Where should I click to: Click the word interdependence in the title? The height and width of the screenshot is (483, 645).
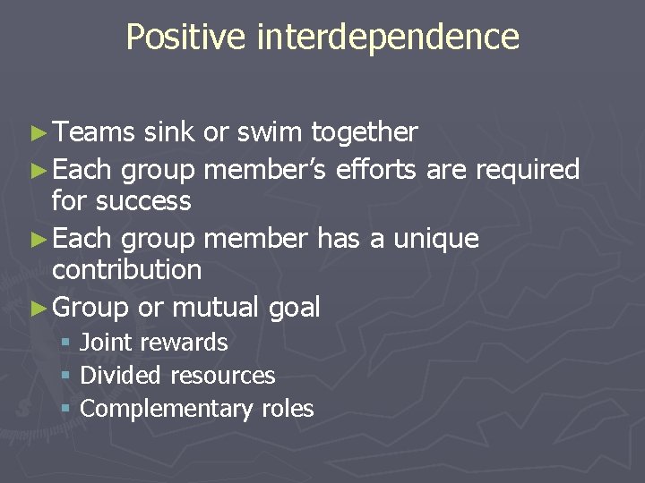pos(388,37)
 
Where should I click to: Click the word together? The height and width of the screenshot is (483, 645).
pos(364,132)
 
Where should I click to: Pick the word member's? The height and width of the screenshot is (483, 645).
pos(266,168)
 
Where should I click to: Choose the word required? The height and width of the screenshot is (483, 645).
pos(524,168)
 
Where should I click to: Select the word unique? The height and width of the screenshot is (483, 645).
pos(434,239)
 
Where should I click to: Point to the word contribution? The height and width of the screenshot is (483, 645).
pos(126,269)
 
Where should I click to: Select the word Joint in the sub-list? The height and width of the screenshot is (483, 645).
pos(104,342)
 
